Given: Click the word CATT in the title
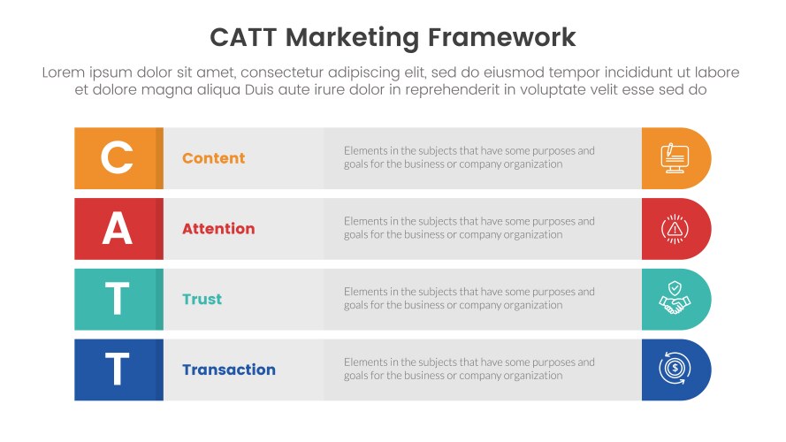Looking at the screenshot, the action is [x=243, y=38].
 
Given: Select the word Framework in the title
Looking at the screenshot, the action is [x=502, y=38].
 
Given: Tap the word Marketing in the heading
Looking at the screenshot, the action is [x=353, y=39].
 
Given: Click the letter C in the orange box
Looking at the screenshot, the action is [x=117, y=157].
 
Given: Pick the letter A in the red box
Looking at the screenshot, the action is [x=118, y=228].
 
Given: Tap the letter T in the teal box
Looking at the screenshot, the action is [x=118, y=298].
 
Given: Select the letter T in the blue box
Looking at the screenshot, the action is [x=118, y=369].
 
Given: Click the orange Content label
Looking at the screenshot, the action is [x=214, y=158].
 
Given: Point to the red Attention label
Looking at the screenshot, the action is [x=218, y=229].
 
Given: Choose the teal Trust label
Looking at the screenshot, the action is [x=202, y=299].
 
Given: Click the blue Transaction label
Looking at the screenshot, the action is [x=229, y=370].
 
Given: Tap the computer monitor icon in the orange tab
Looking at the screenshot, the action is [x=675, y=158].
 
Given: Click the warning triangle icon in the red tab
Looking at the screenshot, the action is [x=675, y=229].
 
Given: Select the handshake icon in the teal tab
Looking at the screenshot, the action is [x=675, y=298].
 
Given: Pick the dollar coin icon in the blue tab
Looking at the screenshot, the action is [x=675, y=369].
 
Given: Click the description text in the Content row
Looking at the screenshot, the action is [x=469, y=157].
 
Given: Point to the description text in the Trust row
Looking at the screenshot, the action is [x=469, y=298].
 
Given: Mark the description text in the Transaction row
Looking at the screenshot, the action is [x=469, y=369].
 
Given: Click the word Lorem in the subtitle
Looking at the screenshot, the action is [x=64, y=72].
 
